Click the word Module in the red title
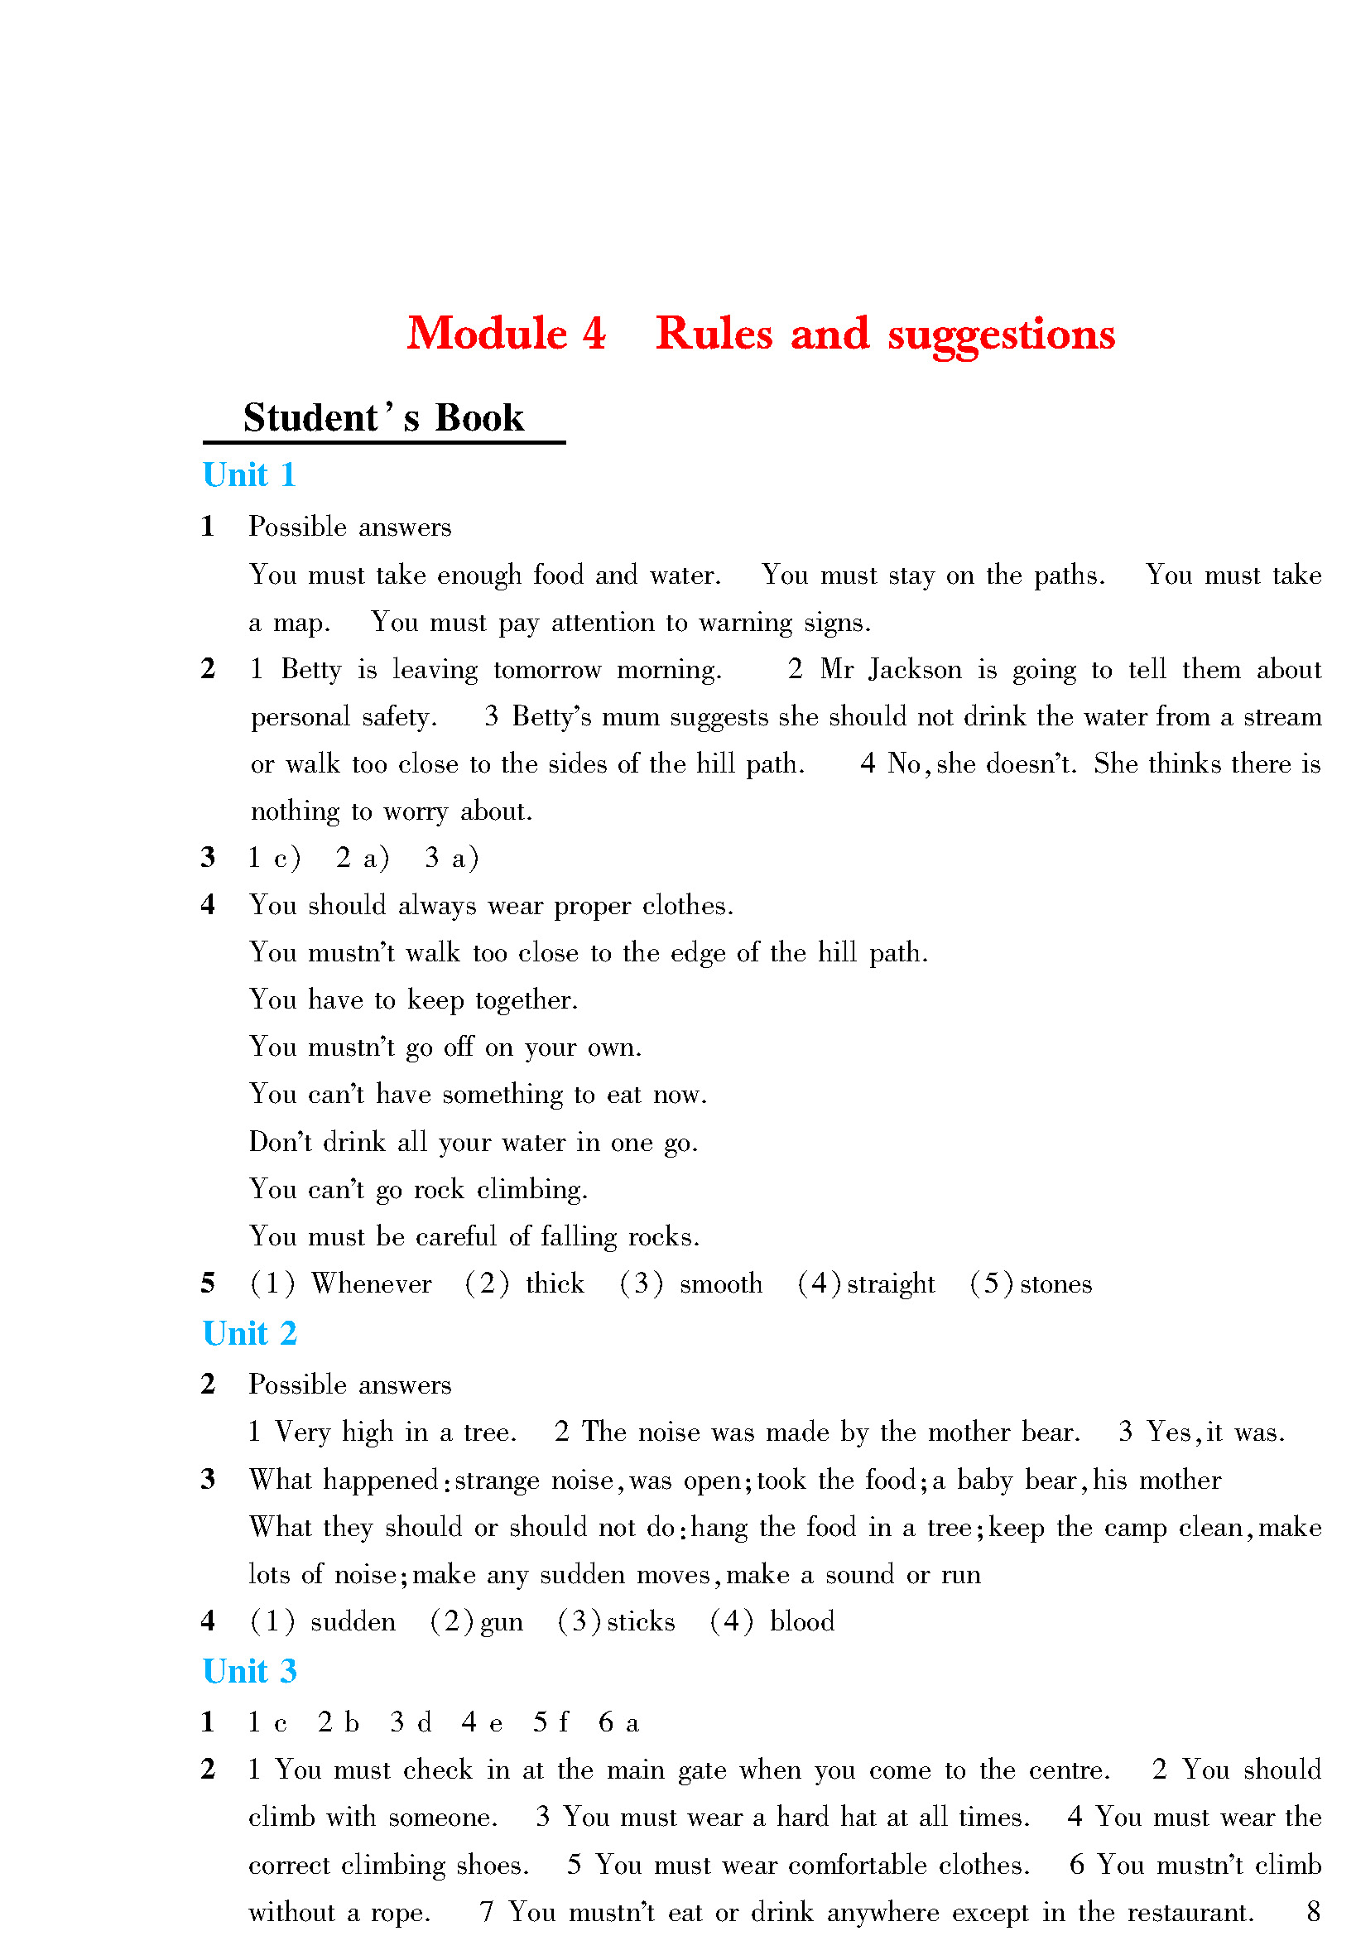coord(487,334)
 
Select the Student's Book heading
coord(383,418)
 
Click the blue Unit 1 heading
coord(249,475)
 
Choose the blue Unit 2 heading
coord(250,1333)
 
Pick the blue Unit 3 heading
coord(250,1671)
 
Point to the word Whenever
coord(371,1283)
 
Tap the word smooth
coord(720,1283)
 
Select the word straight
coord(891,1283)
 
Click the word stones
coord(1055,1283)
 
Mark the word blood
coord(801,1621)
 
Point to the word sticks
coord(641,1621)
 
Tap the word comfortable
coord(858,1865)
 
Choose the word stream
coord(1282,717)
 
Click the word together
coord(526,1001)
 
